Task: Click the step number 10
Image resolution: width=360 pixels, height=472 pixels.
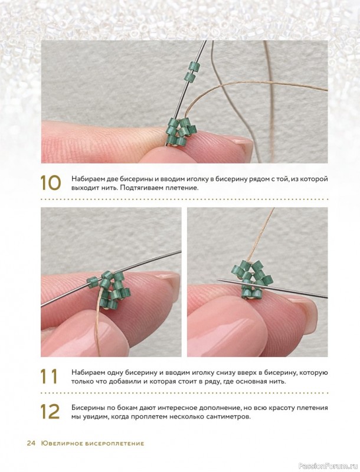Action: [50, 183]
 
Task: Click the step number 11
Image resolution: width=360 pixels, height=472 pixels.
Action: [49, 376]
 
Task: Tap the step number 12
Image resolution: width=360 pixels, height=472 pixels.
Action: [50, 411]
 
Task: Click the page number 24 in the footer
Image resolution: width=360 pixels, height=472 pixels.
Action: [31, 443]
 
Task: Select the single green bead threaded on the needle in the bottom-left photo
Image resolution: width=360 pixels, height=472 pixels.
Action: [92, 284]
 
